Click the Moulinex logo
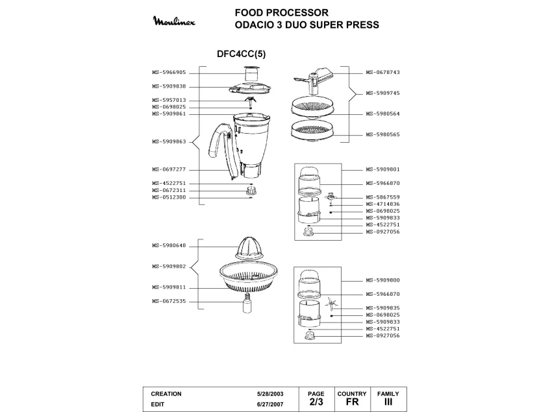179,22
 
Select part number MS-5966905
169,73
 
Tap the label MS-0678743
382,73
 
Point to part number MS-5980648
169,245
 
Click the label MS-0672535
169,301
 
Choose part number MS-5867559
382,197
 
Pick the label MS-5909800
382,280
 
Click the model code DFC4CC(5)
241,55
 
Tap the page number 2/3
316,402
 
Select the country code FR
352,402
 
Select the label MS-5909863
169,141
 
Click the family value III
388,402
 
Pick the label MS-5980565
382,134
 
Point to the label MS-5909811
169,287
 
